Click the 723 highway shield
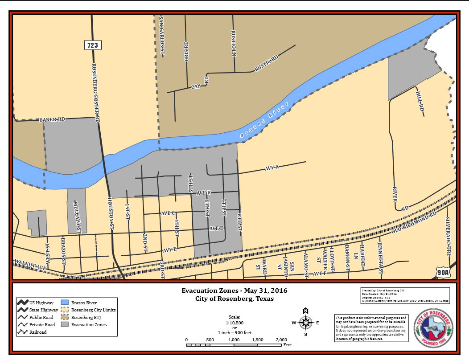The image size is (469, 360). click(x=93, y=45)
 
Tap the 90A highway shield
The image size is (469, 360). click(x=444, y=272)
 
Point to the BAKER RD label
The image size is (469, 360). click(x=53, y=119)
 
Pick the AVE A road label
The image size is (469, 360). click(x=272, y=168)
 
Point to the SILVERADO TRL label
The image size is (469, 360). click(x=448, y=237)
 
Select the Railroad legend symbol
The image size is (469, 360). click(x=23, y=331)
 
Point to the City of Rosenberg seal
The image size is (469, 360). click(x=433, y=328)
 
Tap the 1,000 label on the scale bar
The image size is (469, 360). click(x=234, y=340)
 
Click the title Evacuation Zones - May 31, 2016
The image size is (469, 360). click(x=234, y=290)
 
